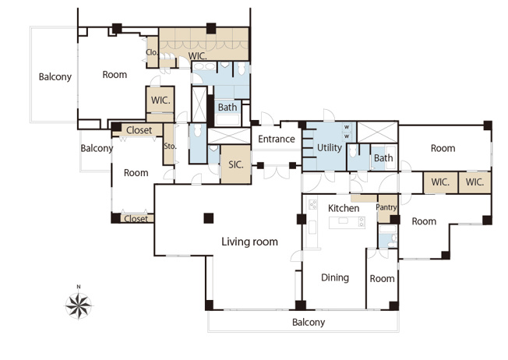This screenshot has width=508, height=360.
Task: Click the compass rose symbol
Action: pyautogui.click(x=79, y=305)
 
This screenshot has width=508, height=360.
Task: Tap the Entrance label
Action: pyautogui.click(x=277, y=139)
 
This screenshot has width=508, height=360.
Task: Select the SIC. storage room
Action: pyautogui.click(x=236, y=164)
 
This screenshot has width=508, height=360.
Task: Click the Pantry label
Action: pyautogui.click(x=386, y=207)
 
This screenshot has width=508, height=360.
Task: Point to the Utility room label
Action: pyautogui.click(x=330, y=148)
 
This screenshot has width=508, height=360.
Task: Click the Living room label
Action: pyautogui.click(x=249, y=242)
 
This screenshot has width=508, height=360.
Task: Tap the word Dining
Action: pyautogui.click(x=335, y=277)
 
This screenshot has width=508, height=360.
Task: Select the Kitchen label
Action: pyautogui.click(x=344, y=208)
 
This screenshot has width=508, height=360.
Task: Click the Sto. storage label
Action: pyautogui.click(x=170, y=146)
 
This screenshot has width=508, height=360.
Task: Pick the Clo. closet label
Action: pyautogui.click(x=151, y=52)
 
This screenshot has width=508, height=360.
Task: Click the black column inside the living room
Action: pyautogui.click(x=209, y=218)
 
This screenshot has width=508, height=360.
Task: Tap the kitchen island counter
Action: pyautogui.click(x=347, y=223)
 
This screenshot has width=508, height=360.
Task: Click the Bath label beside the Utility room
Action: pyautogui.click(x=383, y=158)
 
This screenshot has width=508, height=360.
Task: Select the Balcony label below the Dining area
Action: pyautogui.click(x=309, y=322)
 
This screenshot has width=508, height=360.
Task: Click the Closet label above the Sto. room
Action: pyautogui.click(x=139, y=130)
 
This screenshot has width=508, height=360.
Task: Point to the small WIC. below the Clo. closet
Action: pyautogui.click(x=161, y=100)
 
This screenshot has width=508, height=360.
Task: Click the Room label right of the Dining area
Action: pyautogui.click(x=383, y=279)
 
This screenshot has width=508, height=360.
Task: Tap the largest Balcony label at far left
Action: pyautogui.click(x=55, y=77)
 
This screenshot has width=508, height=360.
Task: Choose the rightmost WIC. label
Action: pyautogui.click(x=474, y=182)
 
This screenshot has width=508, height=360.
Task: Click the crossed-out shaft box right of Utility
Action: pyautogui.click(x=377, y=132)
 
